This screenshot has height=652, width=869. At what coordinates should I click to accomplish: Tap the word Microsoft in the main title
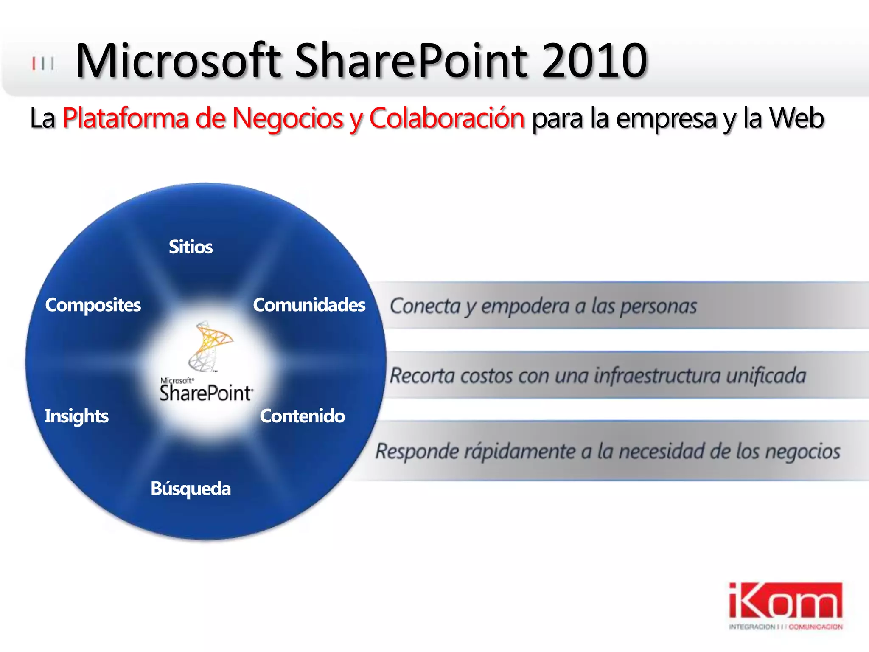pos(178,61)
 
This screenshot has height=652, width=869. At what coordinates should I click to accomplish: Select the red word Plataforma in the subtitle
pos(126,118)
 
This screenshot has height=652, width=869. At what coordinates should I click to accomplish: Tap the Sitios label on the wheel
pos(191,247)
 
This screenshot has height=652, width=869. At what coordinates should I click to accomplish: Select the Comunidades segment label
pos(309,305)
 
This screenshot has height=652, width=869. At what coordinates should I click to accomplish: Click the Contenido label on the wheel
pos(302,416)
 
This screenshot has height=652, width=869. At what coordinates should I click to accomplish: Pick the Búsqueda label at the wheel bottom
pos(191,489)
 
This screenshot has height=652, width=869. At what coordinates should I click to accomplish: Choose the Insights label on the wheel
pos(77,416)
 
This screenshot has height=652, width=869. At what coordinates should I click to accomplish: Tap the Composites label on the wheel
pos(93,305)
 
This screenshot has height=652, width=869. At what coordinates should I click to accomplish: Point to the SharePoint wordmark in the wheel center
pos(206,393)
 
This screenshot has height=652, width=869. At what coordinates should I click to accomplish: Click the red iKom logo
pos(785,601)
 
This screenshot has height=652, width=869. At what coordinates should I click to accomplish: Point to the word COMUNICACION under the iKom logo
pos(816,627)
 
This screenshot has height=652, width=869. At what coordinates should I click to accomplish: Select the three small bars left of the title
pos(43,64)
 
